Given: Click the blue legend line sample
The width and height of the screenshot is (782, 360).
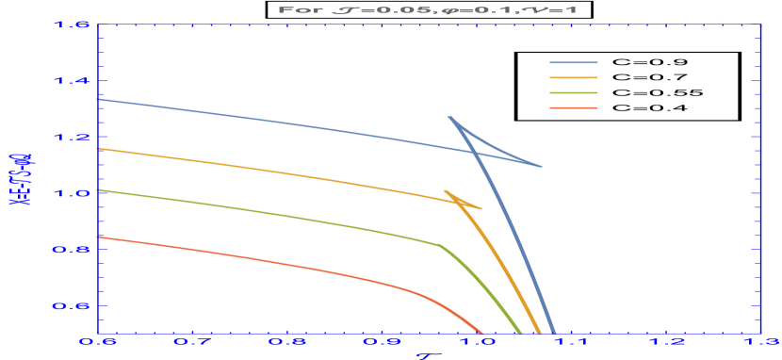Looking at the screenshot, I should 574,64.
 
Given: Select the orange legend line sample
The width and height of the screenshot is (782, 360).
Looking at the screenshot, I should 574,78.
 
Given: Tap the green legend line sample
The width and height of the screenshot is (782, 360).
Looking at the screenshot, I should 574,93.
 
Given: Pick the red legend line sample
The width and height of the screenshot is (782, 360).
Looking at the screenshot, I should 574,107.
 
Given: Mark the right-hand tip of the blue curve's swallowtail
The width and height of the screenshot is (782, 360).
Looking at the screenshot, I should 543,167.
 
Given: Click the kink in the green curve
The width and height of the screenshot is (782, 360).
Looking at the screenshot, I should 440,245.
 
